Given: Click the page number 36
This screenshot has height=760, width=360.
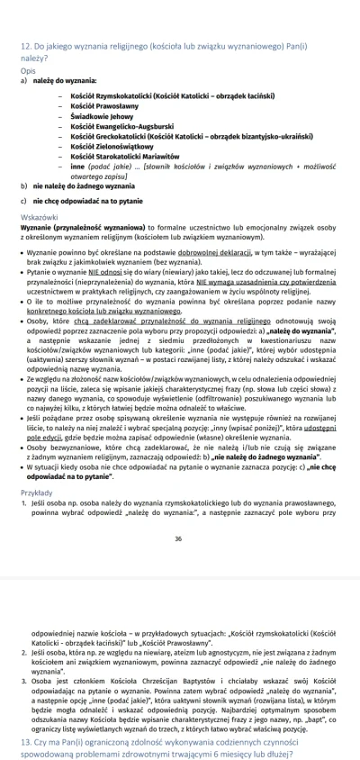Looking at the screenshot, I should (178, 539).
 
